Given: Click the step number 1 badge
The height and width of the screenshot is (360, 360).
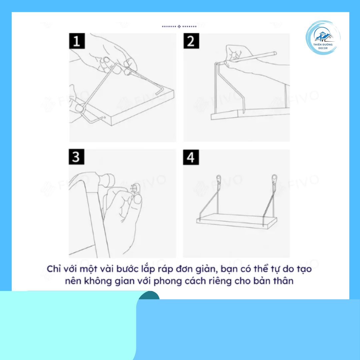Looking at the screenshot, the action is [77, 41].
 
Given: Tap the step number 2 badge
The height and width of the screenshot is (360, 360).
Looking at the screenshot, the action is [191, 41].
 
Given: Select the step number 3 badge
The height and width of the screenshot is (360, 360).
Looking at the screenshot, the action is [76, 157].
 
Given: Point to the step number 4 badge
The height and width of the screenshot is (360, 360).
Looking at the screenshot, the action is [191, 157].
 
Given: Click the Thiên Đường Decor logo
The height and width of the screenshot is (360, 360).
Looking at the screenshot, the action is [323, 38].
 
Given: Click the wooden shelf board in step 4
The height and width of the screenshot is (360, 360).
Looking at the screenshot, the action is [237, 220].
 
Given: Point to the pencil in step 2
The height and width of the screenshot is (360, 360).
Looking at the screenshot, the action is [251, 58].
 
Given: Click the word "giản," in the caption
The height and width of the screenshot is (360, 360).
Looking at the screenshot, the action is [206, 269].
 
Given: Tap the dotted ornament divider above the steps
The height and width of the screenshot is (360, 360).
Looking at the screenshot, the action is [179, 27].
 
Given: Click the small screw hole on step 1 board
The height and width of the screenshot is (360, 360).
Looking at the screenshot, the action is [105, 117].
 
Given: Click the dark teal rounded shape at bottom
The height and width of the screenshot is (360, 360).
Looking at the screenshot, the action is [149, 295].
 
